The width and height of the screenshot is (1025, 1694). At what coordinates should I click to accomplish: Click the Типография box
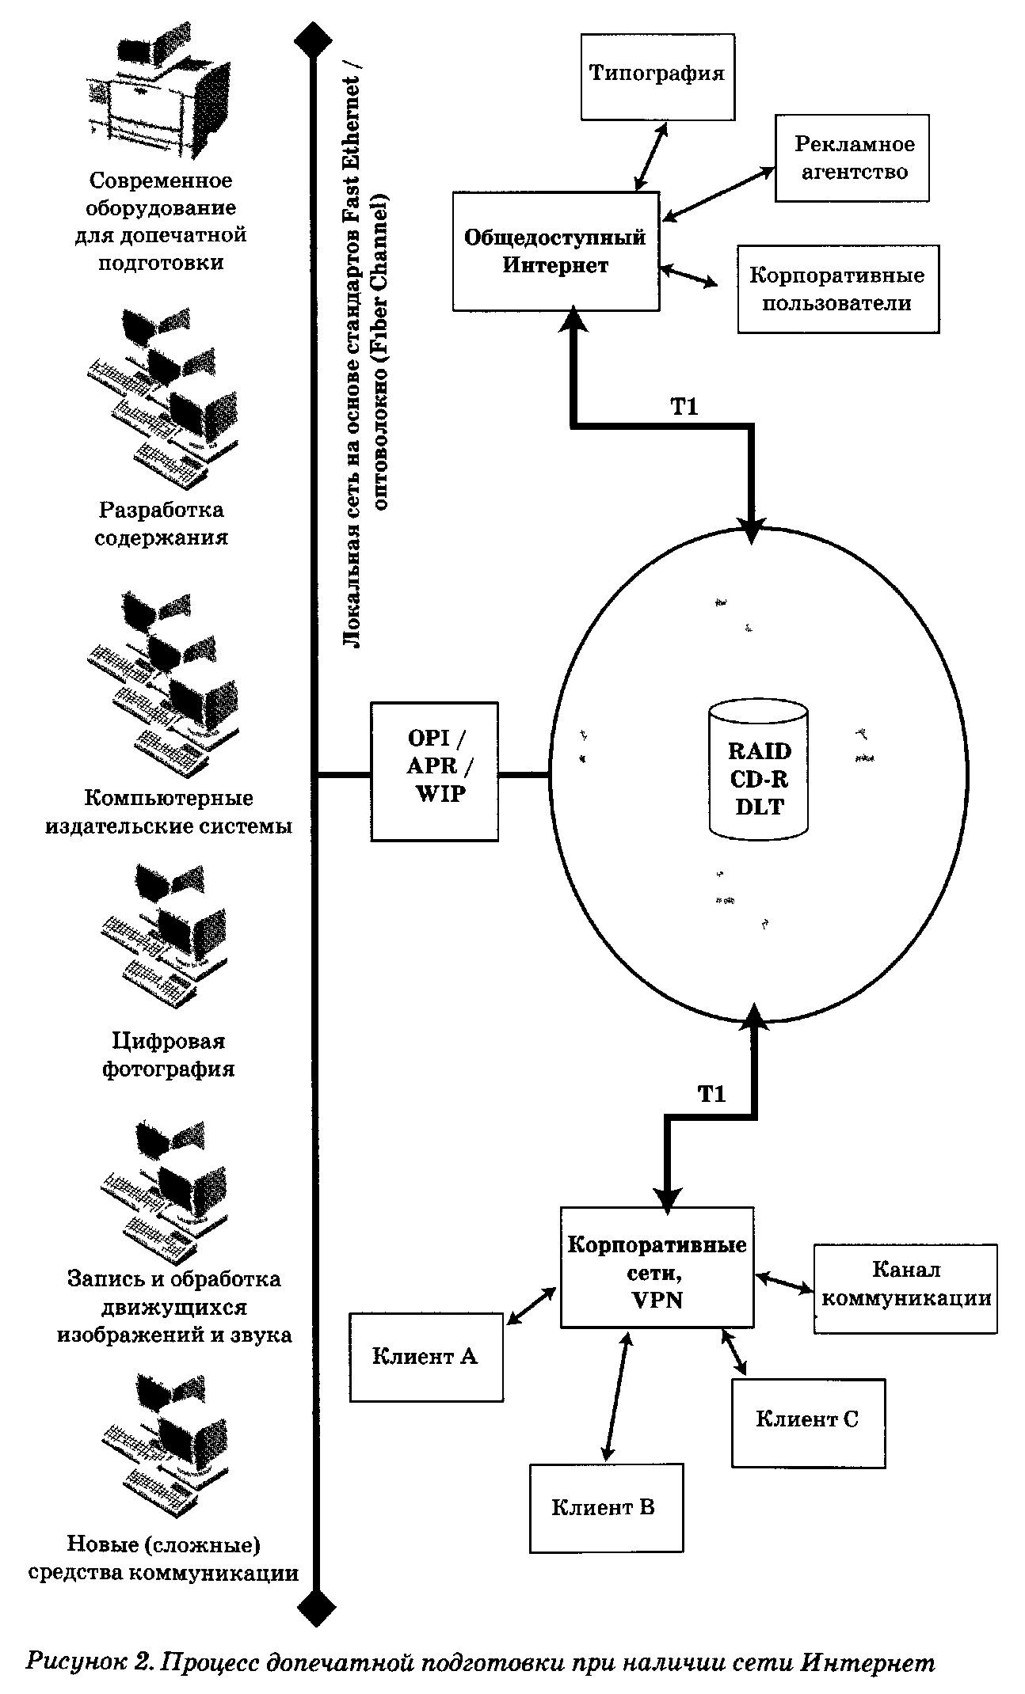[657, 75]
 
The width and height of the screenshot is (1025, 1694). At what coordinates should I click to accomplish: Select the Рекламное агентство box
[851, 158]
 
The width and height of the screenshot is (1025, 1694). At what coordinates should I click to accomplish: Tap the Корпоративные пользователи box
[837, 289]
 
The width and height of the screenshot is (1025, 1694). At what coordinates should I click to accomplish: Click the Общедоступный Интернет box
[555, 251]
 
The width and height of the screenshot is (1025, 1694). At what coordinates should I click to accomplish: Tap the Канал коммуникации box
[905, 1288]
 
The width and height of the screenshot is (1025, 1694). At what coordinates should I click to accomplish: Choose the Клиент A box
[426, 1357]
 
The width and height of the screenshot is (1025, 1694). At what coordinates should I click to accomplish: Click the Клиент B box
[605, 1507]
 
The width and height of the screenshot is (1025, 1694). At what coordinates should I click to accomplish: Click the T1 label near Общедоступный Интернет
[684, 407]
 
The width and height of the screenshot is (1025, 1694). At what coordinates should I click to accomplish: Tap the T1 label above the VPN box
[711, 1094]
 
